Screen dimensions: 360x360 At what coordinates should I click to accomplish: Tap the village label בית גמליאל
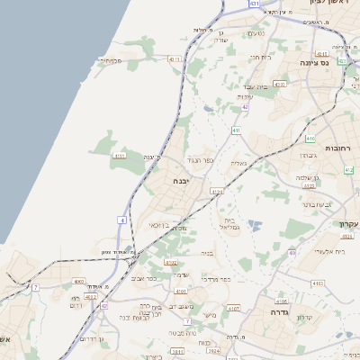tap(229, 221)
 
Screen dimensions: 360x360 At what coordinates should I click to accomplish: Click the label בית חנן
tap(259, 57)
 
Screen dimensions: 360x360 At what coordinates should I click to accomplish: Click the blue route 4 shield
tap(121, 219)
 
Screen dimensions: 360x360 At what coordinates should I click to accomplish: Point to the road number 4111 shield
tap(119, 156)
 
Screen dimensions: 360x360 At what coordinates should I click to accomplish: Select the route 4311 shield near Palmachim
tap(174, 58)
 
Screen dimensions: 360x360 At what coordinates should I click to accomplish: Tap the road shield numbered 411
tap(236, 130)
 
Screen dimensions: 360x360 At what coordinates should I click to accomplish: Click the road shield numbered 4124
tap(216, 192)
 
